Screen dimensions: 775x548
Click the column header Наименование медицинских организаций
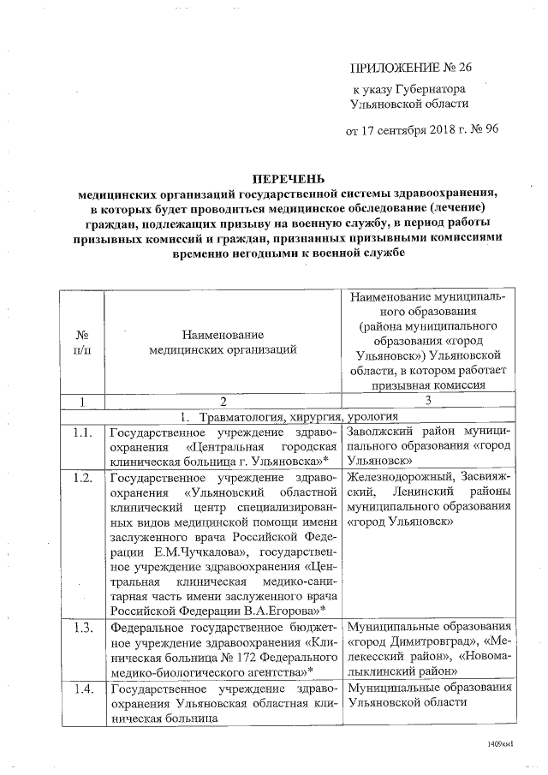tap(222, 343)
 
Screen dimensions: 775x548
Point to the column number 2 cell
tap(222, 401)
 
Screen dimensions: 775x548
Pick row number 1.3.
tap(83, 629)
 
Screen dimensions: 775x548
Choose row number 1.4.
tap(83, 689)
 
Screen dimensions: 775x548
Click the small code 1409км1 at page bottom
tap(497, 745)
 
